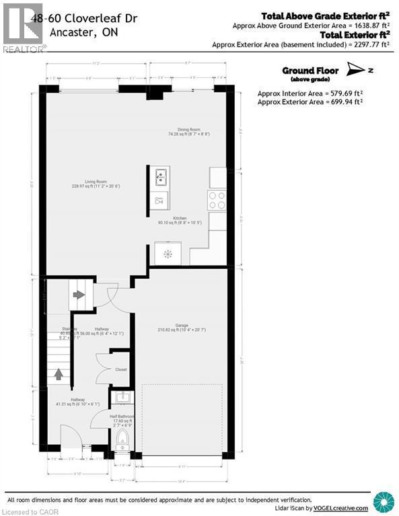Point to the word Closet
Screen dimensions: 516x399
(x=121, y=370)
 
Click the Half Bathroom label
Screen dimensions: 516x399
(x=122, y=417)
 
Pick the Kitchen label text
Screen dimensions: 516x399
(x=179, y=219)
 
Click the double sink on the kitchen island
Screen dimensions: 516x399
(x=160, y=178)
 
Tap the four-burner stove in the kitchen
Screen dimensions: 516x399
(x=217, y=200)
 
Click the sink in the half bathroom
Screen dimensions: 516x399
(x=122, y=398)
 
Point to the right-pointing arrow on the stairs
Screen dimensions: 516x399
(x=79, y=294)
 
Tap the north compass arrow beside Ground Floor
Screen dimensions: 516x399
(x=356, y=69)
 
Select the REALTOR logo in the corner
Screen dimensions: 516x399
(x=23, y=27)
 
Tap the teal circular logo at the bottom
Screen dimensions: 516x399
(x=384, y=501)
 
